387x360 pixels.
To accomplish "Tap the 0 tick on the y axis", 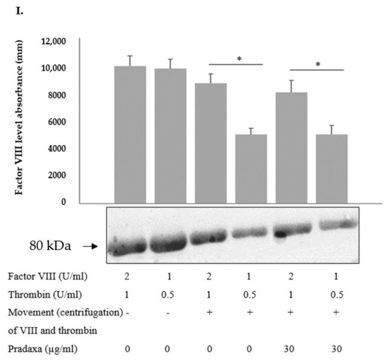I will pos(82,202).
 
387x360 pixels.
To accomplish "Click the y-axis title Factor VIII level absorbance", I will pos(30,120).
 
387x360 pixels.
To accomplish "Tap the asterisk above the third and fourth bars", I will pos(239,59).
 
